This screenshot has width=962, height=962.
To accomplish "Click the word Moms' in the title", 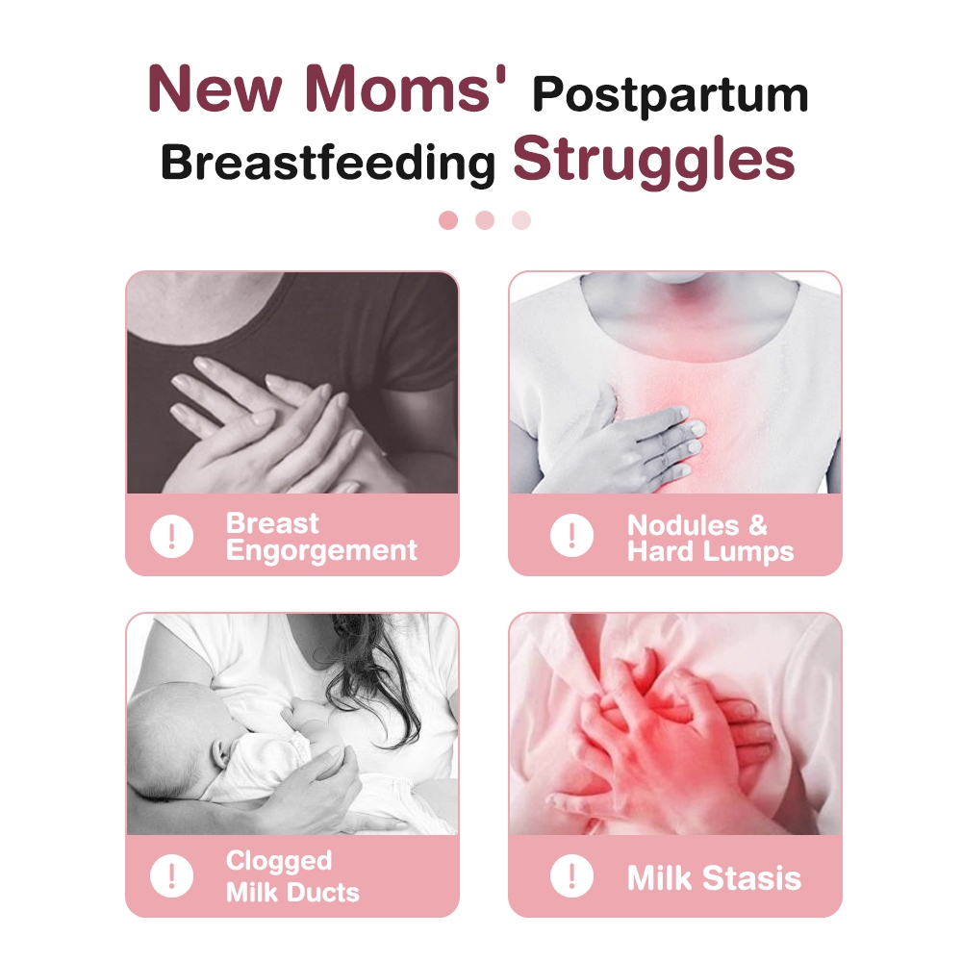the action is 406,89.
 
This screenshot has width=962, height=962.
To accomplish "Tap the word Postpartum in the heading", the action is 671,95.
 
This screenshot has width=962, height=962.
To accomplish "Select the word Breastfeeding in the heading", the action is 328,164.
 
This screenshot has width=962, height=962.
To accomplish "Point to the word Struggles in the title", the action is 654,160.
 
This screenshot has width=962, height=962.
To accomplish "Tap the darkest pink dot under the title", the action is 448,220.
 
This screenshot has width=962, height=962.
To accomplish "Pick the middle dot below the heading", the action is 485,220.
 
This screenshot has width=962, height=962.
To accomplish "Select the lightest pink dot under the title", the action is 521,220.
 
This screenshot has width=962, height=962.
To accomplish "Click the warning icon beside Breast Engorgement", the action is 172,536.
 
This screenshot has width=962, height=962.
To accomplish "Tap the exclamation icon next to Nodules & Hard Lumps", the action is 571,536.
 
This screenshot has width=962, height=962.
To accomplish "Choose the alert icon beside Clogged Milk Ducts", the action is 172,875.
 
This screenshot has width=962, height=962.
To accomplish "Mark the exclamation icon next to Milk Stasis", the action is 571,875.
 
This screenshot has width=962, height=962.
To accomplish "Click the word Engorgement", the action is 321,551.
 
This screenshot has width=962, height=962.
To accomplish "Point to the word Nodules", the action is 683,526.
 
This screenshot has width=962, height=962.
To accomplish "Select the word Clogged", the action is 279,861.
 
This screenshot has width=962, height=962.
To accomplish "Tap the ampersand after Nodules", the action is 758,526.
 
